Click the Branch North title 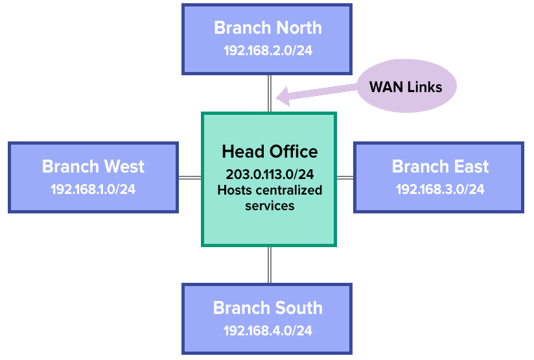(x=268, y=28)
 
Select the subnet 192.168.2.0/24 (x=268, y=51)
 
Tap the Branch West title (x=93, y=166)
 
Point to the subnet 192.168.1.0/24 (x=93, y=189)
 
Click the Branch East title (x=440, y=166)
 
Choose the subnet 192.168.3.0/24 (x=440, y=189)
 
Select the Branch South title (x=268, y=307)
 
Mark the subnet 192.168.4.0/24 (x=268, y=330)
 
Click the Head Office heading (x=270, y=152)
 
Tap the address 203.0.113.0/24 (x=270, y=174)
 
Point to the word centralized (x=290, y=190)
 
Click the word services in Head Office (x=270, y=206)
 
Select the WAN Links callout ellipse (x=406, y=86)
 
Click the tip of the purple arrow (x=278, y=99)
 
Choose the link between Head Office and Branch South (x=269, y=265)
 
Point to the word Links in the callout (x=425, y=87)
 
